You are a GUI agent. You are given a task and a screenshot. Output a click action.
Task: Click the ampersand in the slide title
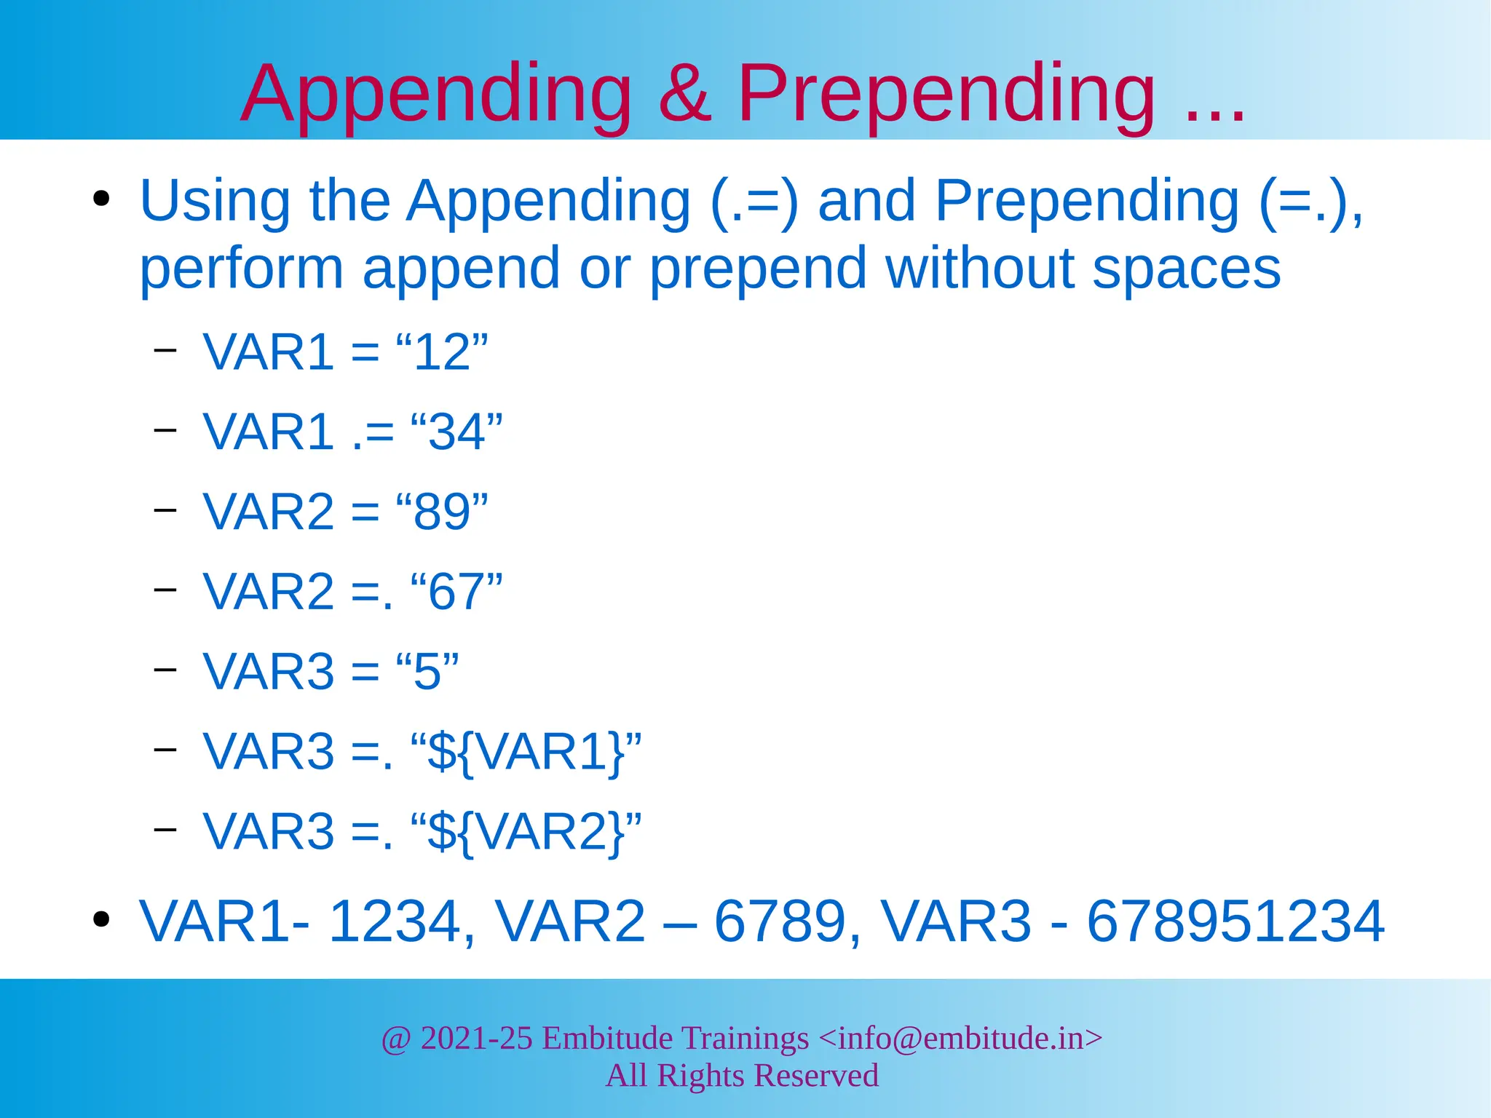pyautogui.click(x=684, y=95)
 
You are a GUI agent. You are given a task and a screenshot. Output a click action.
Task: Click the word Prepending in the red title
pyautogui.click(x=946, y=95)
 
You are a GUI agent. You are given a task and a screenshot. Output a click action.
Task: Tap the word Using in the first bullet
pyautogui.click(x=215, y=202)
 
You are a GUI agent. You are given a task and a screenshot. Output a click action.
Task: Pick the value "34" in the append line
pyautogui.click(x=456, y=432)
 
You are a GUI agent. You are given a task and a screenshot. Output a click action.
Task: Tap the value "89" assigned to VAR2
pyautogui.click(x=441, y=512)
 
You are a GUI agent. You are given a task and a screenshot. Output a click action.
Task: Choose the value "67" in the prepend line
pyautogui.click(x=456, y=592)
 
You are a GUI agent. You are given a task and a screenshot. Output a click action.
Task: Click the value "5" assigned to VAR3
pyautogui.click(x=427, y=672)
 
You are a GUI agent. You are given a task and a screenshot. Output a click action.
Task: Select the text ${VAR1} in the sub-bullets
pyautogui.click(x=526, y=752)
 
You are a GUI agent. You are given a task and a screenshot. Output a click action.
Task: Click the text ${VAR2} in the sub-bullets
pyautogui.click(x=526, y=832)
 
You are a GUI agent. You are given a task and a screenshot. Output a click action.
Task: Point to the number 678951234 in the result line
pyautogui.click(x=1235, y=922)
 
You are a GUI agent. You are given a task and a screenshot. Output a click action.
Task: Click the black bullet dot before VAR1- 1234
pyautogui.click(x=101, y=920)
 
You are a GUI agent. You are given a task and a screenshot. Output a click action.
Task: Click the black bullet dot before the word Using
pyautogui.click(x=101, y=199)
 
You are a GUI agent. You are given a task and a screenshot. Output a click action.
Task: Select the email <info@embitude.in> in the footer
pyautogui.click(x=960, y=1039)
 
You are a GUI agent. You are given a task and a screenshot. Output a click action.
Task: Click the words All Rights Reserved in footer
pyautogui.click(x=742, y=1076)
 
